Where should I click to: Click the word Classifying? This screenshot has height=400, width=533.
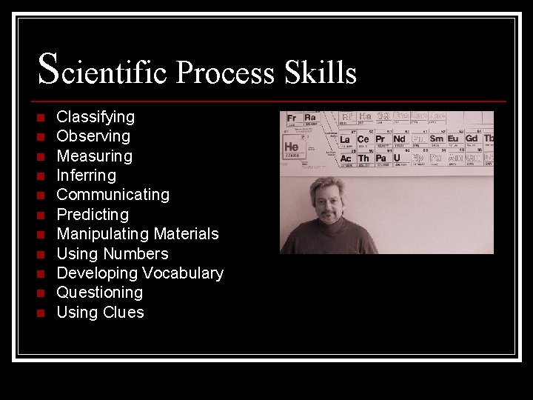click(95, 117)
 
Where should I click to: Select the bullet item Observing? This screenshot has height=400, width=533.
click(93, 136)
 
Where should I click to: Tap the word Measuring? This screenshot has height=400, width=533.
click(94, 156)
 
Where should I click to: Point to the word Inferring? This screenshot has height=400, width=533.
click(86, 176)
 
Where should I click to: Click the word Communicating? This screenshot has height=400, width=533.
click(113, 195)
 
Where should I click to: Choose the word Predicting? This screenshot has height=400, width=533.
click(93, 215)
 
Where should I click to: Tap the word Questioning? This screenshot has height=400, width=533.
click(100, 293)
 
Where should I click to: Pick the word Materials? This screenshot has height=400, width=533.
click(179, 234)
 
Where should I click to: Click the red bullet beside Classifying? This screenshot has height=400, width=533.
click(41, 118)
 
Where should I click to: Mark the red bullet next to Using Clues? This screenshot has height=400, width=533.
click(41, 313)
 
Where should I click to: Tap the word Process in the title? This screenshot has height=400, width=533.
click(225, 73)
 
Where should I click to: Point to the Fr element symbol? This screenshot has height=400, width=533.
click(292, 118)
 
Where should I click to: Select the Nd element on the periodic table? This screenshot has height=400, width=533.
click(399, 139)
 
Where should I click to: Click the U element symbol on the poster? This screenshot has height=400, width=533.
click(398, 158)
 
